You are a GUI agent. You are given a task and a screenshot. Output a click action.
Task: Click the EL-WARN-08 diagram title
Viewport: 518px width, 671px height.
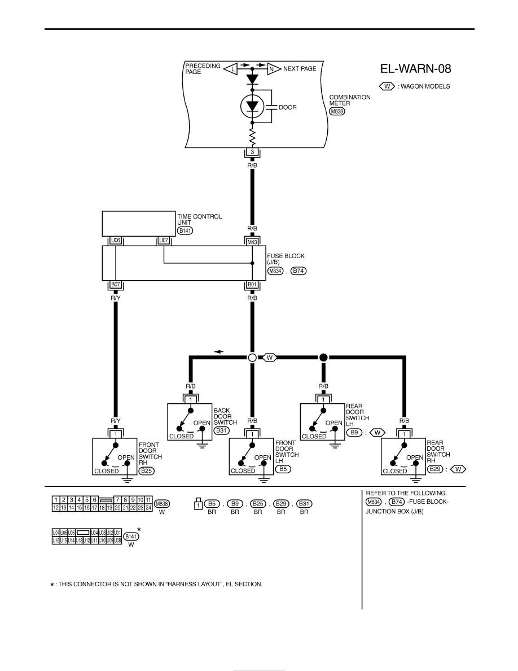tap(415, 69)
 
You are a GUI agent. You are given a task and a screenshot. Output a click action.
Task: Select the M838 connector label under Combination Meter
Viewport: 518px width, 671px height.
tap(337, 111)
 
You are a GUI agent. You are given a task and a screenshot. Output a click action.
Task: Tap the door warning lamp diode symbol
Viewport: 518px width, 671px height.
tap(252, 106)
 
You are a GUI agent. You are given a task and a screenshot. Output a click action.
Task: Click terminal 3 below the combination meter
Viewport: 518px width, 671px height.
tap(252, 152)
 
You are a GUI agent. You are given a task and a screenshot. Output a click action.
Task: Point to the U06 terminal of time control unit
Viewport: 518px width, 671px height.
tap(116, 241)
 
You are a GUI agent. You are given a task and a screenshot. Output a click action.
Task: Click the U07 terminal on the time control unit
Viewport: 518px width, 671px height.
tap(164, 241)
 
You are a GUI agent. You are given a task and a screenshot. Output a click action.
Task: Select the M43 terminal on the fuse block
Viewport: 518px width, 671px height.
tap(252, 242)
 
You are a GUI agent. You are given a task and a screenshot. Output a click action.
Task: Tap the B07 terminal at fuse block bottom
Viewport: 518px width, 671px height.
tap(116, 285)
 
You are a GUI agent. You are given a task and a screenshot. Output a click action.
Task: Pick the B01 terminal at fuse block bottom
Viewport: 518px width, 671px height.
tap(252, 285)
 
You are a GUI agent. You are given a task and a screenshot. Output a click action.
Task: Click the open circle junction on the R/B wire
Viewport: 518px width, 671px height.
tap(252, 358)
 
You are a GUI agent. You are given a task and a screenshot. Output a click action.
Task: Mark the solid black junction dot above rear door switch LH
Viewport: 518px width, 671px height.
tap(323, 358)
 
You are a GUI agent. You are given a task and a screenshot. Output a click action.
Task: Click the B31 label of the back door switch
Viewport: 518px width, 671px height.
tap(221, 430)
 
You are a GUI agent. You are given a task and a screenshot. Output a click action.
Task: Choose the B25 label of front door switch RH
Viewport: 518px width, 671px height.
tap(146, 470)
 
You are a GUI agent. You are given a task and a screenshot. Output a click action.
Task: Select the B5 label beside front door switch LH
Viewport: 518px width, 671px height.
tap(283, 469)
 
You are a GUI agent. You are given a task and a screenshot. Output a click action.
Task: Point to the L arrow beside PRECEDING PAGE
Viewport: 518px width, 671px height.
tap(231, 69)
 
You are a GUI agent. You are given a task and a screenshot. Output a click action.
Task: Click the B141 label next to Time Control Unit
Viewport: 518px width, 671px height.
tap(185, 230)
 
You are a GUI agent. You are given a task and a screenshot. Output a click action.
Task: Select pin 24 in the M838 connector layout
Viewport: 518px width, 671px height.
tap(148, 508)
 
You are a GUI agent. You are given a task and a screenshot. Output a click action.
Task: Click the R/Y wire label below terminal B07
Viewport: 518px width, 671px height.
tap(116, 298)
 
